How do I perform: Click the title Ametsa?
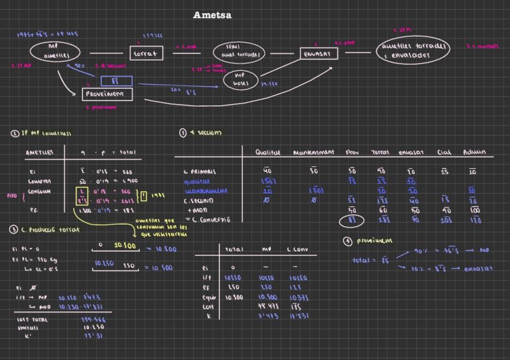tap(212, 15)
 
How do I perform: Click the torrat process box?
tap(145, 53)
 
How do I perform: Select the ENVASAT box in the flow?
tap(319, 53)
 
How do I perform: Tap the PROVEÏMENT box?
tap(107, 94)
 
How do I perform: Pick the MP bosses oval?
tap(240, 79)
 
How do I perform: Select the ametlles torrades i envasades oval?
tap(413, 50)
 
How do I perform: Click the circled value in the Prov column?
tap(352, 221)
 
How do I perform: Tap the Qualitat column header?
tap(268, 153)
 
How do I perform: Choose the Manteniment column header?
tap(313, 153)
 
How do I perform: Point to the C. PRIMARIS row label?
tap(199, 172)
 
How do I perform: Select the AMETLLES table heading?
tap(39, 153)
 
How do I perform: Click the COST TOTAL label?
tap(32, 320)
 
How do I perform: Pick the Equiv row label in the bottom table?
tap(206, 297)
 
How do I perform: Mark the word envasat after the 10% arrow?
tap(478, 269)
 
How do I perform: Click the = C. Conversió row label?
tap(207, 220)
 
